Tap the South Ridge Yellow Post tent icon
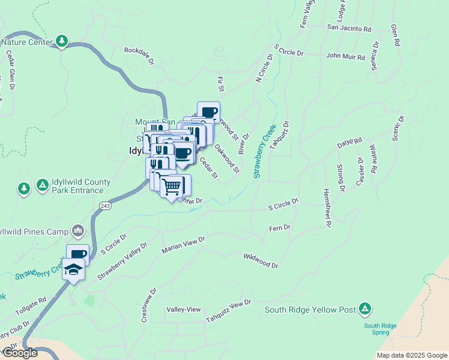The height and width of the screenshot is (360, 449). [x=364, y=310]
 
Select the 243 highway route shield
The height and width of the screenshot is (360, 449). [x=106, y=206]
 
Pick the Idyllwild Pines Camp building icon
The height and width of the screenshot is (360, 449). [x=78, y=230]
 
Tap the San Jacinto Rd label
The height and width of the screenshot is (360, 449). [x=349, y=28]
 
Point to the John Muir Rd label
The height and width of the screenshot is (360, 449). [x=345, y=57]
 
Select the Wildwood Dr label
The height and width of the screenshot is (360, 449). [x=261, y=261]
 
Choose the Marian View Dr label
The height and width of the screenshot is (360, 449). [x=183, y=245]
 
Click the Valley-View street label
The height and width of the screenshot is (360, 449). [x=184, y=309]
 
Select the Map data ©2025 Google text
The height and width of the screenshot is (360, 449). [x=411, y=355]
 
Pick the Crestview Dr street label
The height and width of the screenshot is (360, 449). [x=149, y=305]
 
